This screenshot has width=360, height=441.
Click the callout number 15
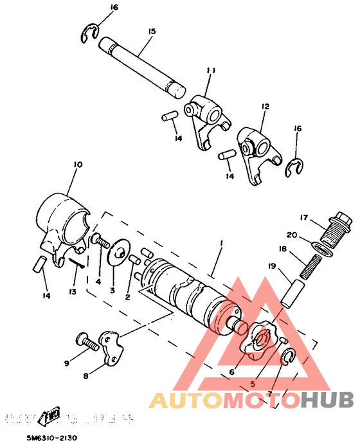click(152, 32)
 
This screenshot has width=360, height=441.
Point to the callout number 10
click(78, 165)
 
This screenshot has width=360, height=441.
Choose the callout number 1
click(221, 244)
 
